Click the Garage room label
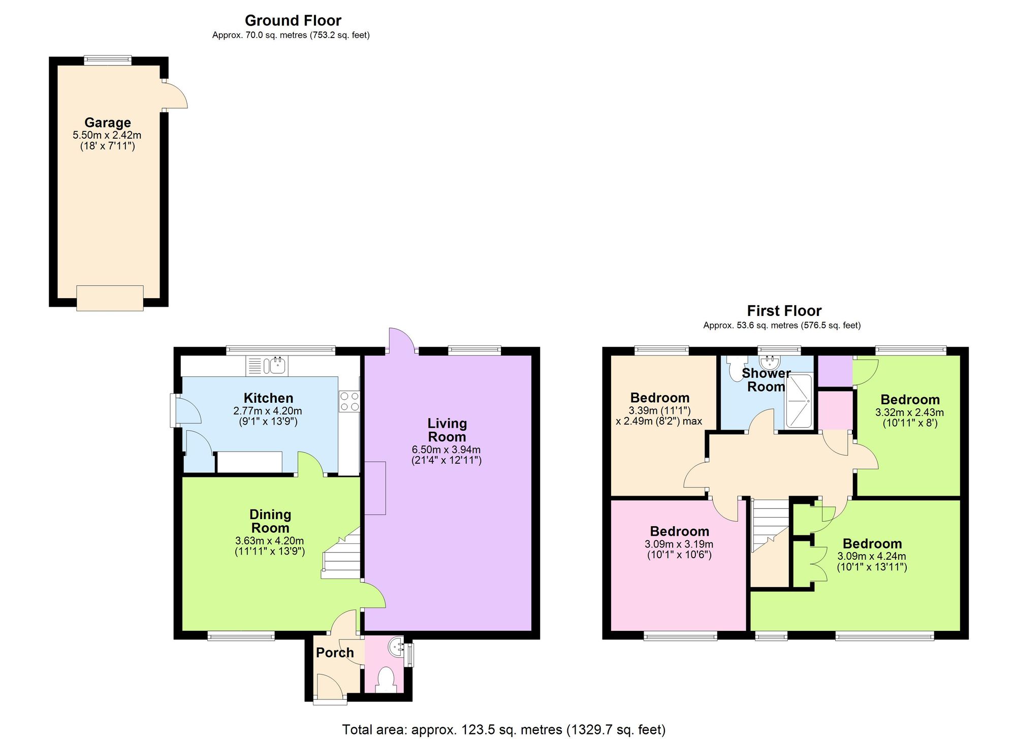point(107,122)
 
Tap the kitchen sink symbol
point(277,365)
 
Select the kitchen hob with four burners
point(349,401)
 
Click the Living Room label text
point(447,430)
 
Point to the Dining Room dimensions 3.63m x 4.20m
point(269,541)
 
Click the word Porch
point(334,653)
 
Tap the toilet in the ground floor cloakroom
point(387,679)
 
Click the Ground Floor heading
point(293,20)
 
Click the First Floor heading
point(784,310)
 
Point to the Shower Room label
point(766,380)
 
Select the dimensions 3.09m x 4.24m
point(871,556)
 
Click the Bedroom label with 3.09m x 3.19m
point(679,531)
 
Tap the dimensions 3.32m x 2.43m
point(909,412)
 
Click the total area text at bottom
point(503,730)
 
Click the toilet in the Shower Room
point(735,368)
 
